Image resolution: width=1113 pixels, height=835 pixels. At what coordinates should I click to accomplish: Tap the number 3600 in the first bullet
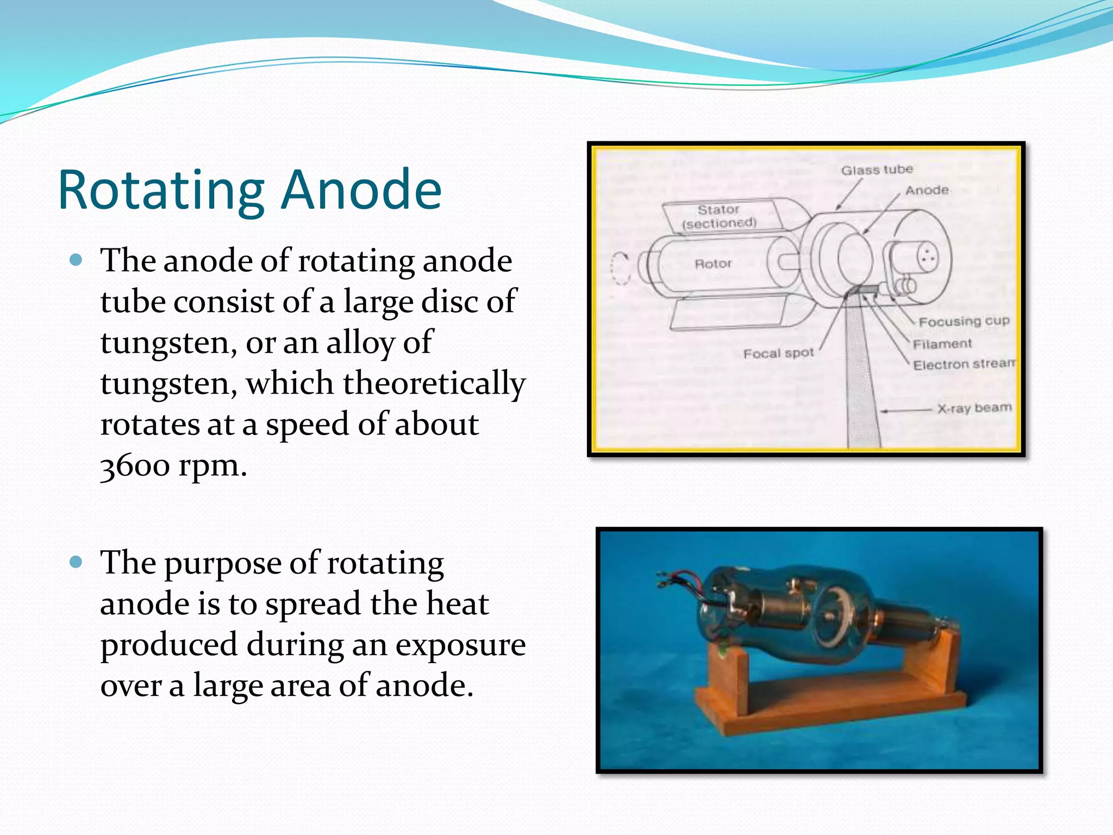click(135, 465)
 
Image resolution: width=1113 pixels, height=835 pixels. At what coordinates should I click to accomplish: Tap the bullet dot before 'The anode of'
click(76, 260)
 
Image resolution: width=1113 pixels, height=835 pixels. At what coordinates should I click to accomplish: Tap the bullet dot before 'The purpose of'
click(76, 562)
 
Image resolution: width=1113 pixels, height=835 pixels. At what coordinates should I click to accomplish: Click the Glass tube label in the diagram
click(877, 170)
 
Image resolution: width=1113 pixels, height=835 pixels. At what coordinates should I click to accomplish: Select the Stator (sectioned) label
click(719, 216)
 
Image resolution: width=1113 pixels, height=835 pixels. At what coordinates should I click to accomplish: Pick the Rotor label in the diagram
click(713, 264)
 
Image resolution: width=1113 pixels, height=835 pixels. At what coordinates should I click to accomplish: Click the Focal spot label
click(778, 353)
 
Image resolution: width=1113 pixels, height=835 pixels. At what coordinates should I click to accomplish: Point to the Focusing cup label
click(964, 321)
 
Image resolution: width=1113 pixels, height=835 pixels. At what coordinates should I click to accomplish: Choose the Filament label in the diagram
click(942, 344)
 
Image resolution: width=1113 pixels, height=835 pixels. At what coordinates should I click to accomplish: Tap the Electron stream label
click(964, 364)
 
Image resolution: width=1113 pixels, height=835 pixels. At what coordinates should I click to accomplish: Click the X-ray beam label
click(974, 408)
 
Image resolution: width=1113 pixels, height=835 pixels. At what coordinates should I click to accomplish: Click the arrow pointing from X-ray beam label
click(905, 410)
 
